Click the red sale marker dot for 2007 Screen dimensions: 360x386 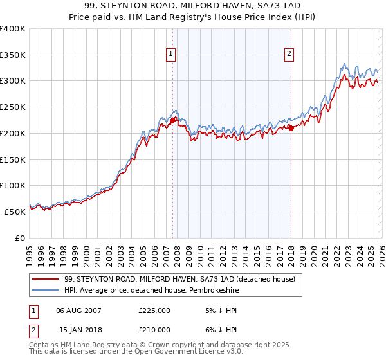(x=172, y=120)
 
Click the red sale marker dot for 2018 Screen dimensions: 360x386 (x=291, y=128)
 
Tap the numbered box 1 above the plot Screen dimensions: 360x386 (x=172, y=55)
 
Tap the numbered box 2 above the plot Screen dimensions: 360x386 (x=289, y=55)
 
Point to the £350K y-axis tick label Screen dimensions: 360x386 (x=13, y=55)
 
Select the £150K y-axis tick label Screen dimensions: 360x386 (x=13, y=159)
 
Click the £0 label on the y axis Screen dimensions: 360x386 (x=21, y=238)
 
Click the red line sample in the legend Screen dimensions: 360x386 (x=46, y=279)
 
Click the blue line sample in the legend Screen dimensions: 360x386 (x=46, y=290)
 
